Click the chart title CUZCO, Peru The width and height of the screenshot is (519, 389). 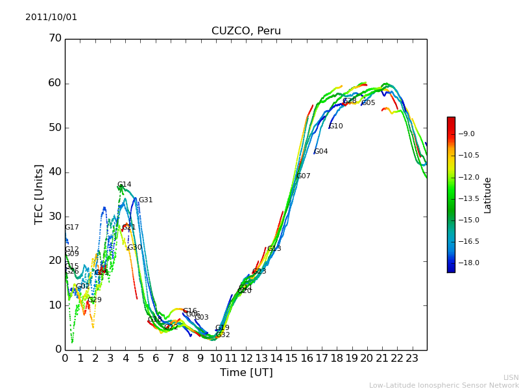[x=246, y=31]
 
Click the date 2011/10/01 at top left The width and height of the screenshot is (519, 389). [x=51, y=18]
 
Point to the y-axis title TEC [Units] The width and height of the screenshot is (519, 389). [x=39, y=194]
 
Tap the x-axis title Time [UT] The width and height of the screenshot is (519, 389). [x=246, y=373]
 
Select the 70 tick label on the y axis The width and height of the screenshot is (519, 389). [x=55, y=38]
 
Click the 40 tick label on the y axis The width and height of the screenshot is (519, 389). [x=55, y=172]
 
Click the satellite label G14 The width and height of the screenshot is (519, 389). [x=124, y=185]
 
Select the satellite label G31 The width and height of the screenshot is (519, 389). [x=145, y=200]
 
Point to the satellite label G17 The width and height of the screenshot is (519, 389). [x=71, y=228]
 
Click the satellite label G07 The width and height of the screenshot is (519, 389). [x=303, y=176]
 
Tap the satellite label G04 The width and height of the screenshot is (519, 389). [x=320, y=152]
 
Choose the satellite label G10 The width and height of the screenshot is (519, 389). [x=335, y=126]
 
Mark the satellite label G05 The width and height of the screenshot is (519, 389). [x=368, y=103]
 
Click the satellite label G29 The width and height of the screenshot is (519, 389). [x=95, y=300]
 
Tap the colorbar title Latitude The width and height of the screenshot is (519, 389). [x=488, y=194]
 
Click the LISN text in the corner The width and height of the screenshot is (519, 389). [x=511, y=377]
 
